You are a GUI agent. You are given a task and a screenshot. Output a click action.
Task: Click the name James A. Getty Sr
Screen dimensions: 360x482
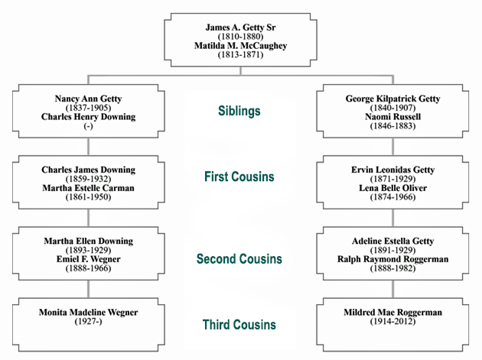click(240, 27)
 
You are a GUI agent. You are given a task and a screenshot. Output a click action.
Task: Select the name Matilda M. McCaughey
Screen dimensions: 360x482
click(240, 46)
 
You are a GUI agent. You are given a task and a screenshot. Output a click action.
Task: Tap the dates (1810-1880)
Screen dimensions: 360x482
click(240, 37)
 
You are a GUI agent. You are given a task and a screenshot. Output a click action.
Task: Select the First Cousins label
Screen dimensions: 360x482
click(239, 177)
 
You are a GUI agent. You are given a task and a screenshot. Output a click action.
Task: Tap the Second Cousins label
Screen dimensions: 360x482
click(239, 259)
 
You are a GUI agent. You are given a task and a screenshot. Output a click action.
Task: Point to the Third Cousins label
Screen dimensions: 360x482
click(239, 325)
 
